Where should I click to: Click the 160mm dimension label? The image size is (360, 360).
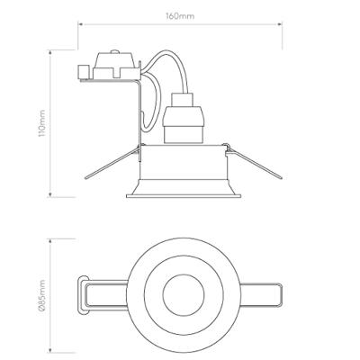(x=180, y=16)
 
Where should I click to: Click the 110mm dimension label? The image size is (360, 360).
(x=41, y=123)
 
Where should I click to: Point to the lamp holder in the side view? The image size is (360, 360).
(x=183, y=118)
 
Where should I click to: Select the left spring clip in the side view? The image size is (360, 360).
(x=112, y=163)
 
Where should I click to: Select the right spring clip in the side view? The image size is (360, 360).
(x=254, y=162)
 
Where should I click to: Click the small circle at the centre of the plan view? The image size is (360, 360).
(x=184, y=294)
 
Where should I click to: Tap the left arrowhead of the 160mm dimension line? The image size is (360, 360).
(x=80, y=24)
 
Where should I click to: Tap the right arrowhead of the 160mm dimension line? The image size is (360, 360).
(x=280, y=24)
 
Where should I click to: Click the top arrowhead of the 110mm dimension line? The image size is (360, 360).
(x=50, y=52)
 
